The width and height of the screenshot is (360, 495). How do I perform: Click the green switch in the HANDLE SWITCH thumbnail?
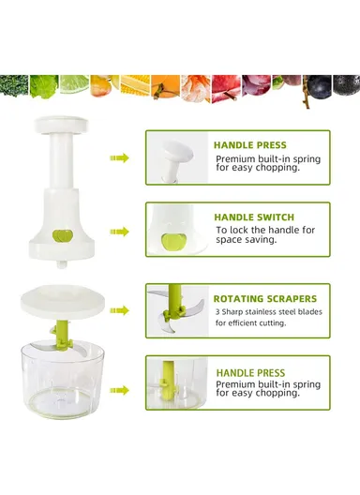[x=171, y=241]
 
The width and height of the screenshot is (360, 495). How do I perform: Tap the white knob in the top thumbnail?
[x=172, y=150]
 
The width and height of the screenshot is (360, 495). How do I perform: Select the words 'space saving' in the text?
[x=249, y=240]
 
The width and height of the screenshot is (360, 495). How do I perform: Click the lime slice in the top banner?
[x=74, y=84]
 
